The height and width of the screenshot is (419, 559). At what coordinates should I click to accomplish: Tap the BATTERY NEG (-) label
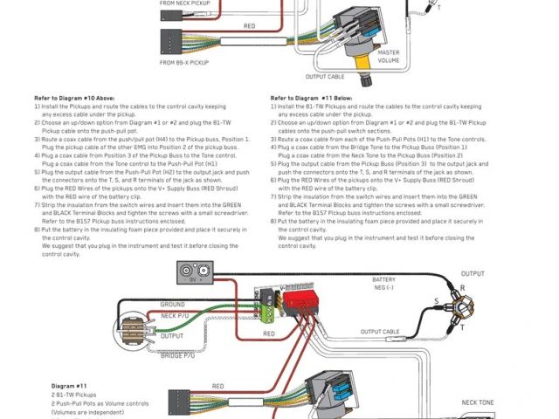point(390,284)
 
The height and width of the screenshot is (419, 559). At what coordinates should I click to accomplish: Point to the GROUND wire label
point(172,305)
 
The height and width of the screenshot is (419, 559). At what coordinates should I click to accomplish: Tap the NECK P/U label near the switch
point(175,314)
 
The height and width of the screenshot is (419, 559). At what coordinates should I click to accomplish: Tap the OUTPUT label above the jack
point(473,274)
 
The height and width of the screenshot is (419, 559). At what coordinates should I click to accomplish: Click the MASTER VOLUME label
point(389,57)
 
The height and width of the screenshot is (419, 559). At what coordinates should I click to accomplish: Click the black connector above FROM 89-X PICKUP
point(171,40)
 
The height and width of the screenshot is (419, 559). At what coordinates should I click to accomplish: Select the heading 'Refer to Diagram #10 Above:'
point(73,99)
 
